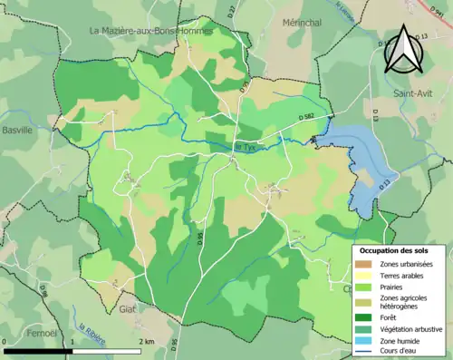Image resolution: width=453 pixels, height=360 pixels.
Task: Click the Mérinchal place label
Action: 302,23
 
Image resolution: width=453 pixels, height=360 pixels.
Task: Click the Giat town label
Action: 127,309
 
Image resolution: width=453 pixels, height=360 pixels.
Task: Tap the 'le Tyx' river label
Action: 246,146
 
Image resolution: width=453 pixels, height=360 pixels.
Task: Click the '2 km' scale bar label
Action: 147,341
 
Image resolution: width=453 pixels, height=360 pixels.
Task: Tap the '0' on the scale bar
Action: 6,341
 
